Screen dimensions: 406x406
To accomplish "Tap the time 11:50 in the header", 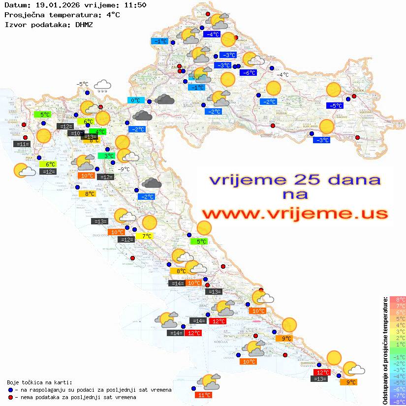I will point(135,5).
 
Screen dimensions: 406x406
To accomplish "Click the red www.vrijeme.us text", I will point(294,214).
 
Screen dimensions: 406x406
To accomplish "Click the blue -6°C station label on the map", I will point(248,72).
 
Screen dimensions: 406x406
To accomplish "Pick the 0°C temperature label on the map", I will point(135,100).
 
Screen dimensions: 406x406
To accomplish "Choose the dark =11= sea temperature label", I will point(23,144).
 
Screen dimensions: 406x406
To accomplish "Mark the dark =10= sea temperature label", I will point(76,133).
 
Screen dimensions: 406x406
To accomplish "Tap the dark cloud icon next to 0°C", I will point(164,99).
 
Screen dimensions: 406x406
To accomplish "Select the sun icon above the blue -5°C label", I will point(334,90).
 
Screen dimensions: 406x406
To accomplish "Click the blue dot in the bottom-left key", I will point(11,390).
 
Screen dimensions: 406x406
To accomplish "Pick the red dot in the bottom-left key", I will point(11,397).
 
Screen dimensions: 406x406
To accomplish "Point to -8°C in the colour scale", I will point(397,402).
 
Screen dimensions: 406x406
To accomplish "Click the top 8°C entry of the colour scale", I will point(397,299).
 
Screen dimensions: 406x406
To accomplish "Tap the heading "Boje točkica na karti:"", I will point(39,382).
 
